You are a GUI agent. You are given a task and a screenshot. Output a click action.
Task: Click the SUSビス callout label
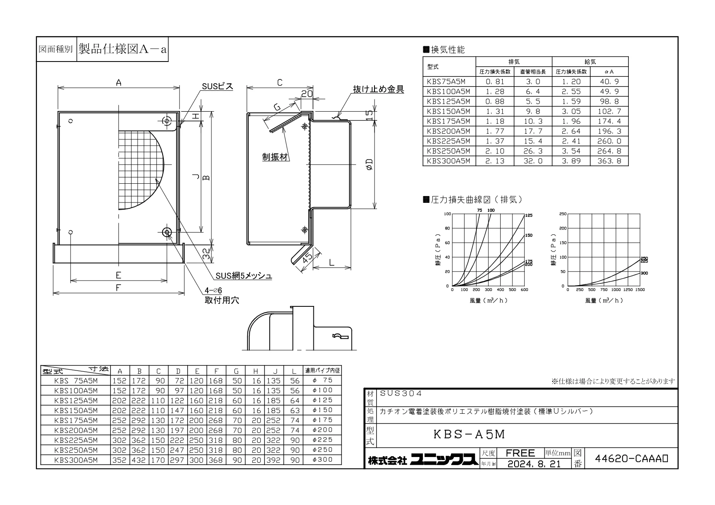(217, 87)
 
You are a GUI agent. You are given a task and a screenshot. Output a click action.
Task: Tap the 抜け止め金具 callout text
(379, 89)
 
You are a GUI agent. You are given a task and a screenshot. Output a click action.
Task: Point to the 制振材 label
(275, 157)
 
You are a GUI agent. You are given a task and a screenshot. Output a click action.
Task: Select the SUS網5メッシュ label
(244, 276)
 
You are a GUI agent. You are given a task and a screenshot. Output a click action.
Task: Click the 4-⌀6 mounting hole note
(213, 291)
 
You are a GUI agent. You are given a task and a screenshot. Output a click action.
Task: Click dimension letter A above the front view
(119, 83)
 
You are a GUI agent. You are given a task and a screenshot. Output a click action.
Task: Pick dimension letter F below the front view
(118, 288)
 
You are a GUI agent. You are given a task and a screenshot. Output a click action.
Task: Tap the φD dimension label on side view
(369, 164)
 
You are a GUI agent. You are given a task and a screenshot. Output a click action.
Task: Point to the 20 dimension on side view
(307, 93)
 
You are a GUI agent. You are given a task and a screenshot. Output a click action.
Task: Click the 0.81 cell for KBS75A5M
(495, 81)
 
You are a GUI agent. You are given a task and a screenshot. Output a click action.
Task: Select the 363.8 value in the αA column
(609, 161)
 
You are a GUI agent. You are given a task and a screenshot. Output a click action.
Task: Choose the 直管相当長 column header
(533, 72)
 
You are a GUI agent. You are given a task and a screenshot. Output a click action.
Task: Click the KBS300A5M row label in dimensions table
(76, 460)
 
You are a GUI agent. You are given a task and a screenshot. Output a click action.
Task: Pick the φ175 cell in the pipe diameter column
(323, 420)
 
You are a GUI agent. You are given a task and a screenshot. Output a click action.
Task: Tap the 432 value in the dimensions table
(139, 460)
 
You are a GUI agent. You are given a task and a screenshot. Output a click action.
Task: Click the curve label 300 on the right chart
(644, 273)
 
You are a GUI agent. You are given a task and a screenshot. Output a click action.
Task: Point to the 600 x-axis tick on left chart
(524, 290)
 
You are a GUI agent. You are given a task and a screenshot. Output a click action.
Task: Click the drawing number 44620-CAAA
(631, 458)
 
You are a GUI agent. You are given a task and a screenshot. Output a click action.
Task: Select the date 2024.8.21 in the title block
(534, 464)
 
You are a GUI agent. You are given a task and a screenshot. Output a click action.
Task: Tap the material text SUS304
(401, 394)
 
